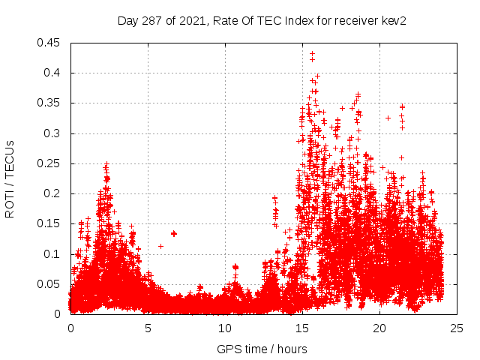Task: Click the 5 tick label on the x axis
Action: tap(148, 328)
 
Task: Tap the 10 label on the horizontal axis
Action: tap(225, 328)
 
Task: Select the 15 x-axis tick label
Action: tap(302, 328)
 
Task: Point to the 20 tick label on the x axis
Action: tap(379, 328)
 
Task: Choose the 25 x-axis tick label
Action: tap(457, 328)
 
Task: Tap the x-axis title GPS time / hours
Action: tap(262, 349)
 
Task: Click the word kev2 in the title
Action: tap(393, 20)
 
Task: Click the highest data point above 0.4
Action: tap(312, 54)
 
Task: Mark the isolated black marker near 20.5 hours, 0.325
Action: tap(388, 118)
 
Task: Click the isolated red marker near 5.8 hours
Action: tap(160, 246)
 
